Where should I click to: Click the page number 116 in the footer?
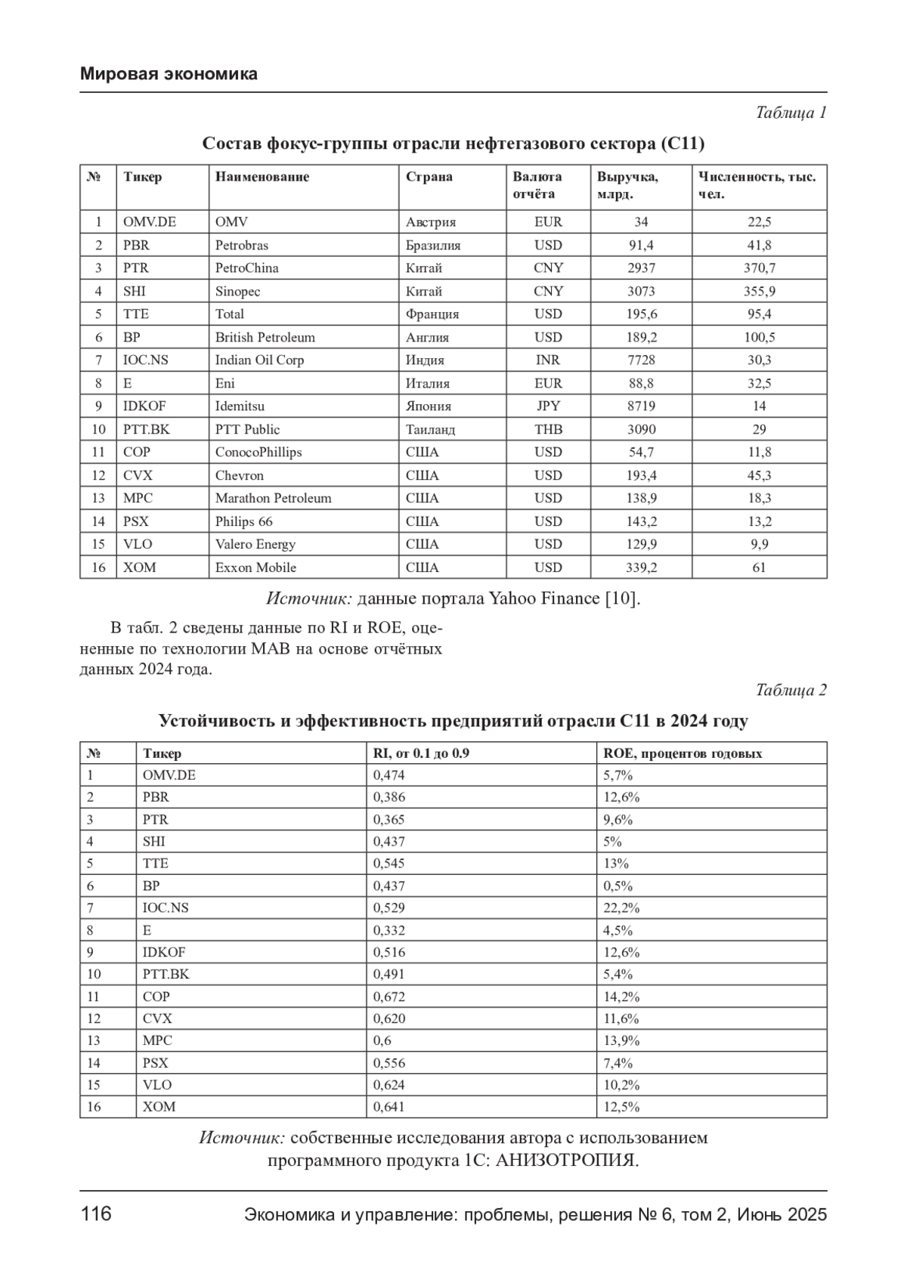(96, 1214)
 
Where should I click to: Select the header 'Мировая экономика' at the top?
(169, 74)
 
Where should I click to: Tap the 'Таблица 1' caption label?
(791, 113)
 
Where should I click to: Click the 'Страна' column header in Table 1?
(429, 177)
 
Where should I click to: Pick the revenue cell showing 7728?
(641, 360)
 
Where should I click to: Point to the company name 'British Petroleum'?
(265, 337)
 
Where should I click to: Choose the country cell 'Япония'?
(428, 406)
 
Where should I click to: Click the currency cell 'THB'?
(548, 429)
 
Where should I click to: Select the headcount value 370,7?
(759, 268)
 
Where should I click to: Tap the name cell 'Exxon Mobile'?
(255, 567)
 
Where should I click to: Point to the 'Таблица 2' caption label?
(791, 690)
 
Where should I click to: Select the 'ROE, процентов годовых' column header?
(683, 753)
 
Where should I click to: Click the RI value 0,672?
(389, 997)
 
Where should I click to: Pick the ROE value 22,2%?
(621, 908)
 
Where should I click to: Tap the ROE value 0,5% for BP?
(618, 886)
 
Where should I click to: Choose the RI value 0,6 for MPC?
(382, 1040)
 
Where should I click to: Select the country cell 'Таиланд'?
(430, 429)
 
